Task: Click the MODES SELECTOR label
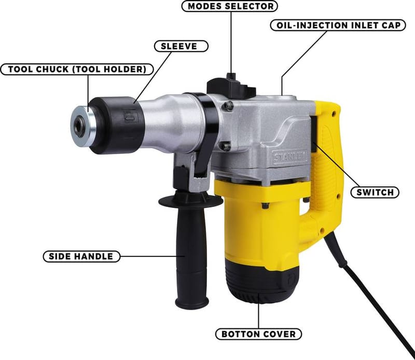click(x=230, y=6)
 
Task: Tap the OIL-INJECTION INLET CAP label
click(x=338, y=25)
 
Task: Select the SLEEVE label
click(x=181, y=46)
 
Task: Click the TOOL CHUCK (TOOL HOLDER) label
click(x=77, y=70)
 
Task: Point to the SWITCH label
click(x=375, y=192)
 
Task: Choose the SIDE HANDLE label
click(x=81, y=256)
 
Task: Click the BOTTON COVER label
click(x=258, y=334)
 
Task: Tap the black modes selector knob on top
click(x=231, y=86)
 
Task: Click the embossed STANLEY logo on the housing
click(x=290, y=157)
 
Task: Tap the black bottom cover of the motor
click(x=262, y=282)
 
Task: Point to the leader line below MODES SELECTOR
click(x=231, y=43)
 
